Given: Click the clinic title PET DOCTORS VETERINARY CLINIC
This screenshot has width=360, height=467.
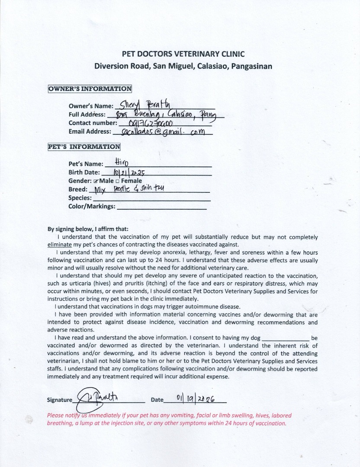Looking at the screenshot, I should click(183, 54).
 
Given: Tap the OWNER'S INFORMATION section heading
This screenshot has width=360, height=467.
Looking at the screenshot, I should click(90, 89).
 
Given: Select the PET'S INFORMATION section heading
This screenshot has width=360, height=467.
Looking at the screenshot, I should click(84, 147).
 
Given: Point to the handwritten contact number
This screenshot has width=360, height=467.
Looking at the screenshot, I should click(151, 123).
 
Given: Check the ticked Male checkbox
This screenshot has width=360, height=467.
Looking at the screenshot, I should click(96, 181).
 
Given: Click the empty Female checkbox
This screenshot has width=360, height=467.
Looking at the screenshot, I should click(118, 181).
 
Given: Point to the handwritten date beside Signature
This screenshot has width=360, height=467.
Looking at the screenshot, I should click(196, 398).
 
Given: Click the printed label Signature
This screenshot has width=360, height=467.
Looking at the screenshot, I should click(60, 400).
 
